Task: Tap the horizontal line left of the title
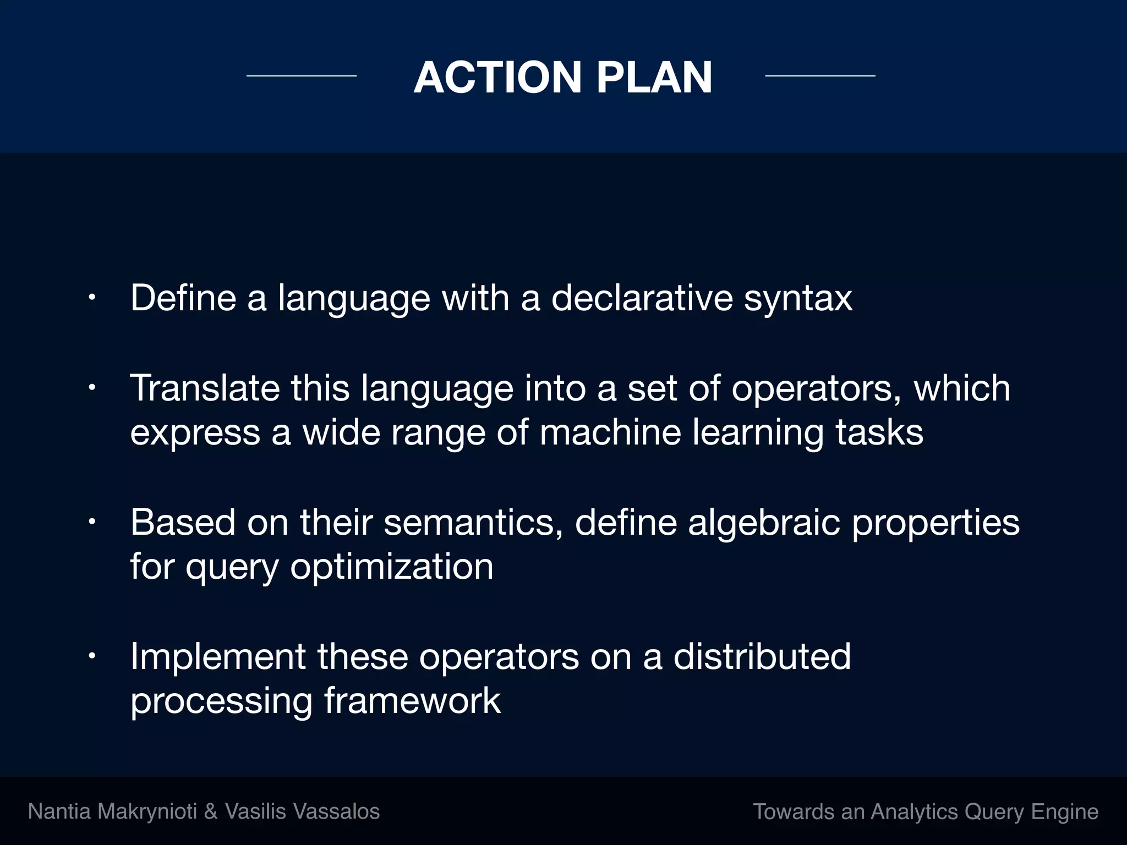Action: click(301, 75)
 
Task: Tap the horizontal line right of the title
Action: click(820, 75)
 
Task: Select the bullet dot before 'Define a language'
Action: click(92, 298)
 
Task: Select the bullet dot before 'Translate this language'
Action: click(92, 388)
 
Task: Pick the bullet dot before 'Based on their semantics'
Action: click(92, 522)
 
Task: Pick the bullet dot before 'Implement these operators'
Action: click(92, 656)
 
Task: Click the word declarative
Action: click(642, 298)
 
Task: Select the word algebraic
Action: click(764, 523)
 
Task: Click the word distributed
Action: click(762, 656)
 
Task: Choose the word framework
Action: click(412, 701)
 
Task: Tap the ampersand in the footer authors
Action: click(211, 812)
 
